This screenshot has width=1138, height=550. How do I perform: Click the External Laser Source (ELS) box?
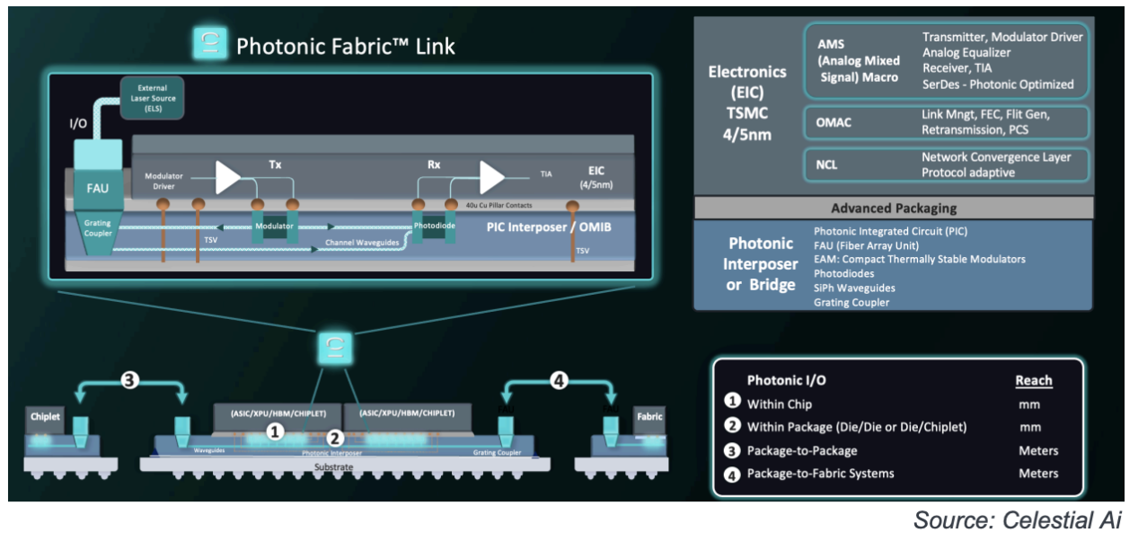tap(153, 99)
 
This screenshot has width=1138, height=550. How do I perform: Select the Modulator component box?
tap(274, 226)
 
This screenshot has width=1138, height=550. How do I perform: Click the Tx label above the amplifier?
tap(276, 165)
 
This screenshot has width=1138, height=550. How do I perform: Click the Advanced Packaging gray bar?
tap(893, 208)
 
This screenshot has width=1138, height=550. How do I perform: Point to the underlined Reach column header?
tap(1033, 380)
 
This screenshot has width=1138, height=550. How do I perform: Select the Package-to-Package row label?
tap(801, 450)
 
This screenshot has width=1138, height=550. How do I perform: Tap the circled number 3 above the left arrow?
tap(130, 380)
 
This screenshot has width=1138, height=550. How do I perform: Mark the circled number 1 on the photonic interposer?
tap(277, 433)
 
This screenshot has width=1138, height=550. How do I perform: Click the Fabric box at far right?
tap(649, 418)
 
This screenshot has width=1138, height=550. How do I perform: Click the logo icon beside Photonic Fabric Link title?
tap(209, 45)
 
